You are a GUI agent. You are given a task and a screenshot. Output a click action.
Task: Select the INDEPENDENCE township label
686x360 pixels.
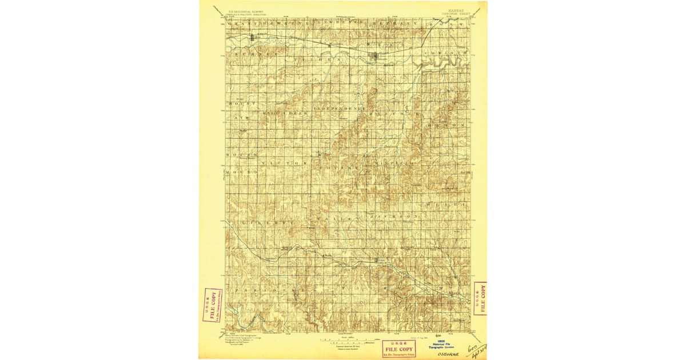(x=340, y=107)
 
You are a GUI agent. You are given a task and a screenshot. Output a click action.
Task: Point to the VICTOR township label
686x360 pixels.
(x=284, y=163)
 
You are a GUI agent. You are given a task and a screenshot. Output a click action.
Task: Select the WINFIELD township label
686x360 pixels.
(x=394, y=163)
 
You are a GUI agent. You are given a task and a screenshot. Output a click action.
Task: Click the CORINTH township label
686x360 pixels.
(x=441, y=53)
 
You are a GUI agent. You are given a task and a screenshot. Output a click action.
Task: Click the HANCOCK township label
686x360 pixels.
(x=394, y=113)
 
